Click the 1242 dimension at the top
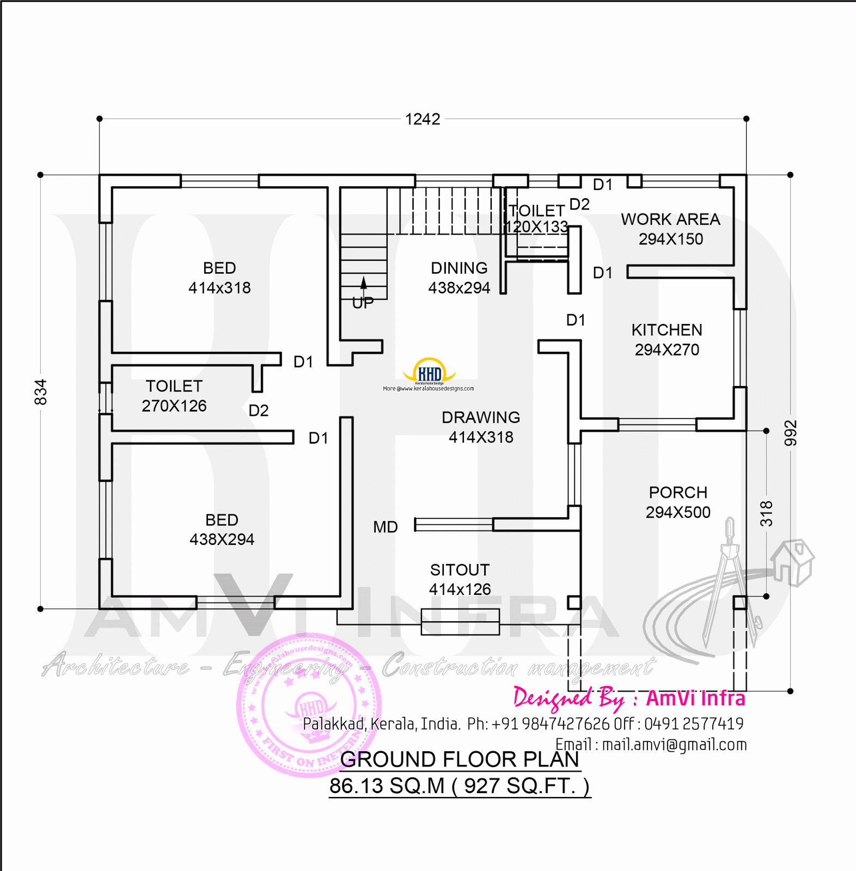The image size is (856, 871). pyautogui.click(x=423, y=119)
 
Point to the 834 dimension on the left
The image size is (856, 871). pyautogui.click(x=41, y=392)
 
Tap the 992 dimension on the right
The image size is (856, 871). pyautogui.click(x=790, y=433)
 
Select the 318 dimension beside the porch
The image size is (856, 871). pyautogui.click(x=766, y=513)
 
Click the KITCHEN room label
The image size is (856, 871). pyautogui.click(x=667, y=330)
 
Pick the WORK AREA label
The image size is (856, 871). pyautogui.click(x=670, y=219)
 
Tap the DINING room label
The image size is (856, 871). pyautogui.click(x=459, y=268)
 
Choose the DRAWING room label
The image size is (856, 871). pyautogui.click(x=481, y=418)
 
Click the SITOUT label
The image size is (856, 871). pyautogui.click(x=460, y=570)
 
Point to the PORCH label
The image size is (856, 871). pyautogui.click(x=678, y=493)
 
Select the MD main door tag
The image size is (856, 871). pyautogui.click(x=386, y=527)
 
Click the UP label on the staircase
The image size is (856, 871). pyautogui.click(x=363, y=303)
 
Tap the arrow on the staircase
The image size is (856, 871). pyautogui.click(x=364, y=283)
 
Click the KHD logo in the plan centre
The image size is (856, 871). pyautogui.click(x=429, y=372)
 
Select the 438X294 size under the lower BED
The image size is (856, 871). pyautogui.click(x=222, y=539)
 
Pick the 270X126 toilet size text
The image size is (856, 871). pyautogui.click(x=174, y=406)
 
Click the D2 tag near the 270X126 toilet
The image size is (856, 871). pyautogui.click(x=259, y=410)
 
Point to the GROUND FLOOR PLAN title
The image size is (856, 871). pyautogui.click(x=460, y=759)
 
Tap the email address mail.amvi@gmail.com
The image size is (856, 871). pyautogui.click(x=674, y=745)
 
